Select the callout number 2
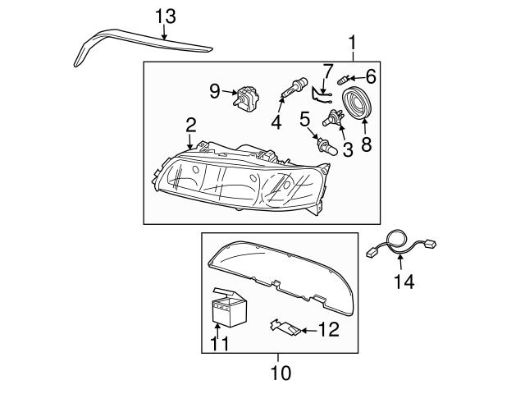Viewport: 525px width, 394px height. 190,126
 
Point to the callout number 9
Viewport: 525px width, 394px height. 215,92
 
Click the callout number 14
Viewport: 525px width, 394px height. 403,282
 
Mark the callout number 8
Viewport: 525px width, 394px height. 366,144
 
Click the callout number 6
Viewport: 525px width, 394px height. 370,76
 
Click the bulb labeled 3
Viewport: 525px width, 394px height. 335,120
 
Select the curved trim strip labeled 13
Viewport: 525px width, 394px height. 131,41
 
